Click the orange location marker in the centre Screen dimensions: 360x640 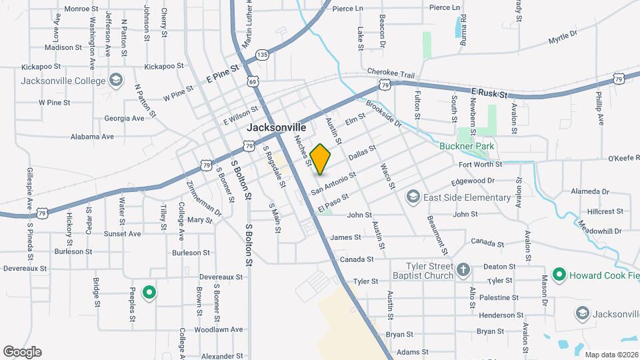321,159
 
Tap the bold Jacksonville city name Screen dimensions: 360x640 276,127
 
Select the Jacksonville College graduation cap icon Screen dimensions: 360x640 116,81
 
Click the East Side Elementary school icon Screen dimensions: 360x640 413,197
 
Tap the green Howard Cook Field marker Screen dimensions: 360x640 559,275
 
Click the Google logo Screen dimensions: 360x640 22,352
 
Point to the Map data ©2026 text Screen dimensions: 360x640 611,355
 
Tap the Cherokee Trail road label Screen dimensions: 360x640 391,74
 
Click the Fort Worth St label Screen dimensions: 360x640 478,164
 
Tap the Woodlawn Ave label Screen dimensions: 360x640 218,329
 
